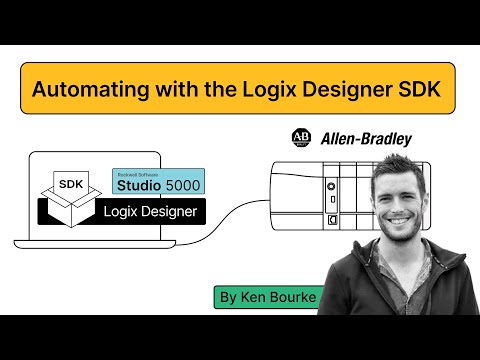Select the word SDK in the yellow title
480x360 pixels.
point(425,88)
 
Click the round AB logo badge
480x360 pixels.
point(300,138)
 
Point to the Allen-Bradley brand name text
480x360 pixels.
point(366,139)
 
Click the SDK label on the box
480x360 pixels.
point(72,184)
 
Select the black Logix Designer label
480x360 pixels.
point(150,211)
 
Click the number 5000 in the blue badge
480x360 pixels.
point(179,185)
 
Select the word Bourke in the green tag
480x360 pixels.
point(294,297)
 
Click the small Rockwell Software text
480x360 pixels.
point(134,172)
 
